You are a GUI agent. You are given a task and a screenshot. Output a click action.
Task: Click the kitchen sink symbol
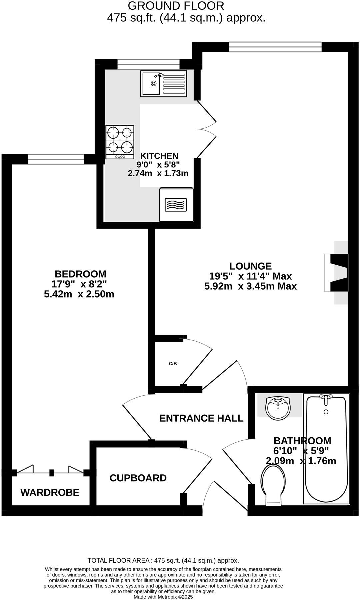point(163,84)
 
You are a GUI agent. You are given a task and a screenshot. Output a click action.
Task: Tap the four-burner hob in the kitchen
point(120,142)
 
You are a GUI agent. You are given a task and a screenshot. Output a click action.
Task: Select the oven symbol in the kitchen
point(176,204)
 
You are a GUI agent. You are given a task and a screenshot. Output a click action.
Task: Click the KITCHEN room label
point(159,156)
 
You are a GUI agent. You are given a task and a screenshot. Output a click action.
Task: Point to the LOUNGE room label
point(250,266)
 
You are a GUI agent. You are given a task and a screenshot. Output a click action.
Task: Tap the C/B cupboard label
point(173,364)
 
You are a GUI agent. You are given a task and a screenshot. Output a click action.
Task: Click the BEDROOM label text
point(80,274)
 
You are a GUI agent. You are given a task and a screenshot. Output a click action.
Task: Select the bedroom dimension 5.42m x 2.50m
point(79,294)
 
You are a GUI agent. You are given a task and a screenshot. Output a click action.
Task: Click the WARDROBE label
point(50,492)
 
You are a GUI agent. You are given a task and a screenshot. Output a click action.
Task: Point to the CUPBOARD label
point(138,478)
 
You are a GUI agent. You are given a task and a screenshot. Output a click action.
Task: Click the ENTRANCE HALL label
point(201,418)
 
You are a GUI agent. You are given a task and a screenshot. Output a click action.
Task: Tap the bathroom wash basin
point(278,408)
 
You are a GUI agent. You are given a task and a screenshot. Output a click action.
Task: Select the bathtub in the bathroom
point(326,448)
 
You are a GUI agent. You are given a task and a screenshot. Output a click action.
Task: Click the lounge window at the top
point(275,47)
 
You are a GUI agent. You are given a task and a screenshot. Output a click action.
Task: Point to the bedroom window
point(56,159)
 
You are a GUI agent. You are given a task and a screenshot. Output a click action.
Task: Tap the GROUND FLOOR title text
point(176,6)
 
